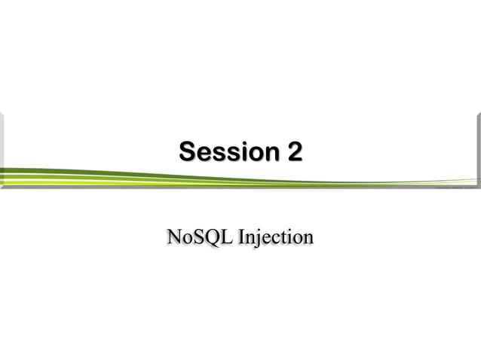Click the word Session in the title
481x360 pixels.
click(x=227, y=152)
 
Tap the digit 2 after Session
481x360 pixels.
click(x=294, y=152)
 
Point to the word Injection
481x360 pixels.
click(x=275, y=239)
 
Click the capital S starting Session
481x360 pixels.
click(x=186, y=152)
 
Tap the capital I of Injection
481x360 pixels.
click(x=240, y=238)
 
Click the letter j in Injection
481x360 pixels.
click(x=257, y=239)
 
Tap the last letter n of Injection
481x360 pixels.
click(x=307, y=239)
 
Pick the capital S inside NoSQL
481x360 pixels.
click(x=198, y=238)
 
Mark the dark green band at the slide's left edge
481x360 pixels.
click(x=15, y=171)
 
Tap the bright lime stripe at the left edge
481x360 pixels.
click(x=15, y=180)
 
